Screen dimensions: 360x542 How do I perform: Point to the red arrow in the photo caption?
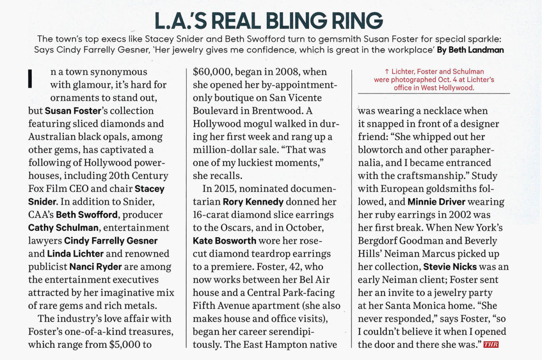click(387, 72)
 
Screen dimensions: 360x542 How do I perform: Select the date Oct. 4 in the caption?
click(433, 80)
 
